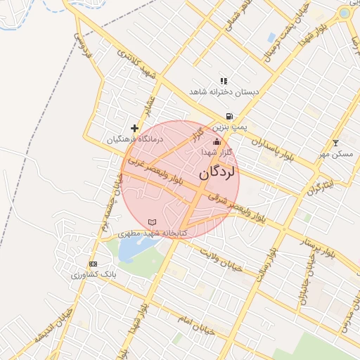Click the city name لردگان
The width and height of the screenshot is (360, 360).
pos(219,172)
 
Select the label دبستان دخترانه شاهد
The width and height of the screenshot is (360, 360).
pos(224,92)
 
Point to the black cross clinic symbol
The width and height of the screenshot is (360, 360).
pos(134,129)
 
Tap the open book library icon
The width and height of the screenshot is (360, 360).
pos(153,222)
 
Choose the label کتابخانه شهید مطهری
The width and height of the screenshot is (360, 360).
pos(153,232)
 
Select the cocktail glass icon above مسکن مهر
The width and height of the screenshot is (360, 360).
pos(335,143)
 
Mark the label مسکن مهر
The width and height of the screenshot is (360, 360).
pos(335,153)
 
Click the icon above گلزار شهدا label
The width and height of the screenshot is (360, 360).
pos(216,143)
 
